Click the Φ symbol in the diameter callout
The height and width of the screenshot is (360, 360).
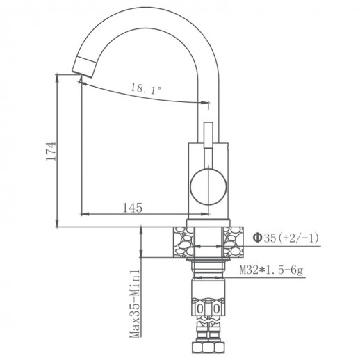(x=257, y=238)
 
